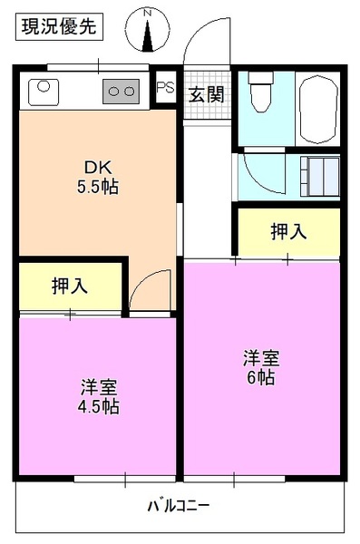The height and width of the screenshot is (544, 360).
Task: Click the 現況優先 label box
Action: point(59,26)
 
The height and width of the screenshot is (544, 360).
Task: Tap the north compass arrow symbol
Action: point(149,29)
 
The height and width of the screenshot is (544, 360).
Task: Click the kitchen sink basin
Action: point(43,90)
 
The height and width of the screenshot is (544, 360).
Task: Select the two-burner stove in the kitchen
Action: point(121,90)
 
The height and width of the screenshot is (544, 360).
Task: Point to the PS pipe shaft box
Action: point(165,88)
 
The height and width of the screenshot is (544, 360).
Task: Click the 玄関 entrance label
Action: point(206,93)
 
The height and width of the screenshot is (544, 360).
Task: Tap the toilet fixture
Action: point(261,93)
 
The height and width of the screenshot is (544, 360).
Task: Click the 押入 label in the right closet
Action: point(288,231)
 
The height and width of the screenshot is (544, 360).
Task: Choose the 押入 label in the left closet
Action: point(70,286)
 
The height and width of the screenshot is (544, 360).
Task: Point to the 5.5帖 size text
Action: point(98,188)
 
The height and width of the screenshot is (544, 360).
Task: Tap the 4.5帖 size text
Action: point(98,406)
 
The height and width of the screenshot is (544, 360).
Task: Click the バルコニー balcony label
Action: point(179,503)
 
